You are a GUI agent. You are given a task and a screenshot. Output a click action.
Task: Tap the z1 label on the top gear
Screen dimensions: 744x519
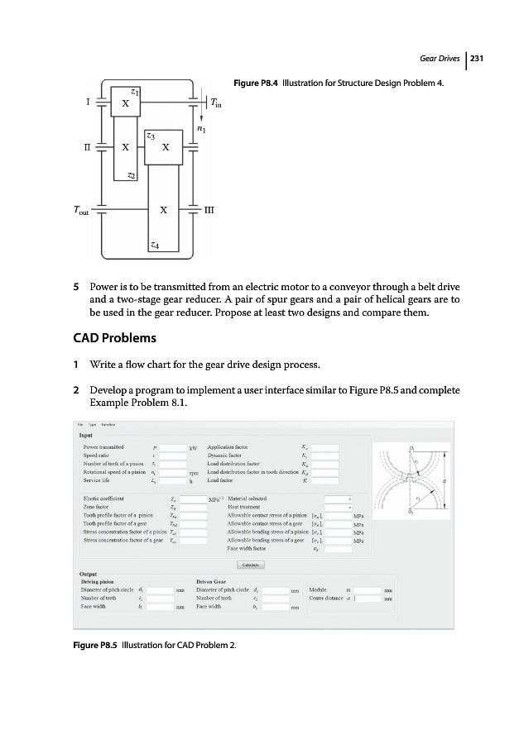point(135,90)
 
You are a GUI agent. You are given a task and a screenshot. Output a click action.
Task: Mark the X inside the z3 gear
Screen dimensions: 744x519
point(166,149)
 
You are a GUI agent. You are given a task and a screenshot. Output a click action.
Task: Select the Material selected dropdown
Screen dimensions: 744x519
point(339,498)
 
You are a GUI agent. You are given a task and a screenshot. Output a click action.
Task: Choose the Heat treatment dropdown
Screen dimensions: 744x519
point(339,507)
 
